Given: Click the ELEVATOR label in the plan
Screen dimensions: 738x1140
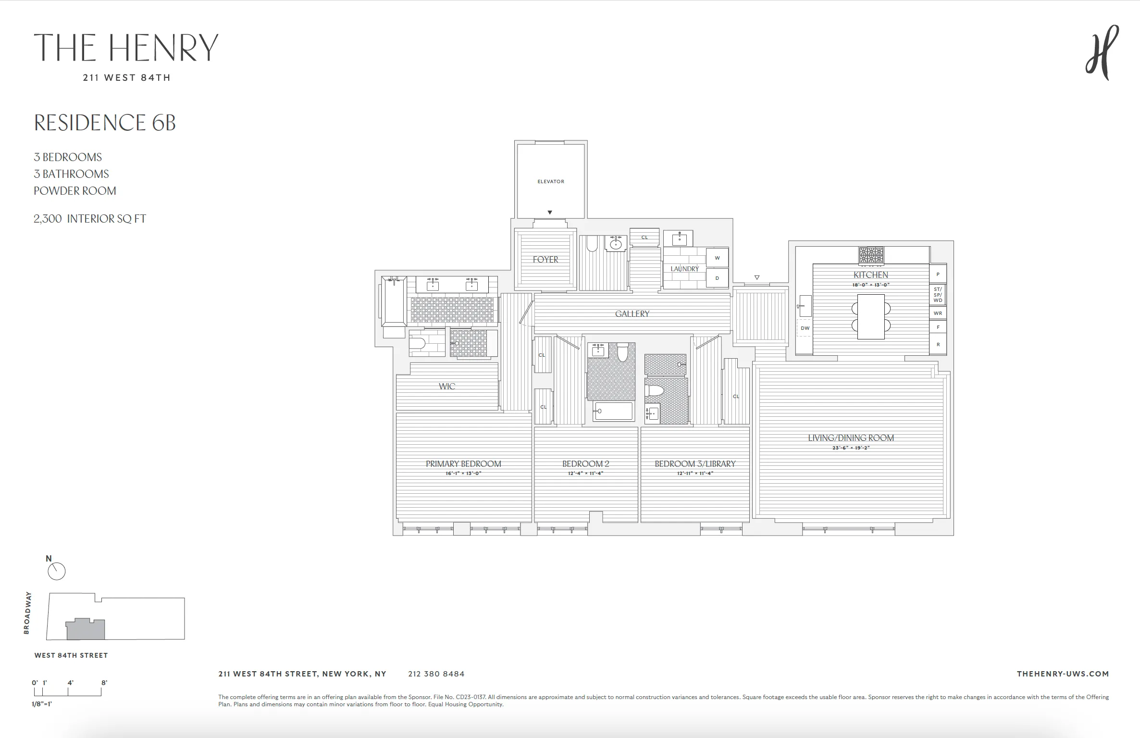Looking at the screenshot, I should (551, 181).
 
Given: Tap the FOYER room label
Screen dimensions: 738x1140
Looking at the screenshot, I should (545, 260).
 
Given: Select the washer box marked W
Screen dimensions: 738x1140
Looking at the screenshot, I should (717, 258).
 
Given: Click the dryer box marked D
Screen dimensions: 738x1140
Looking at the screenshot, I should (717, 278).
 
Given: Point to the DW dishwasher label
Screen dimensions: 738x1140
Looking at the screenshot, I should (805, 328).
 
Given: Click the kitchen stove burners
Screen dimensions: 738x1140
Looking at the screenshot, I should (871, 254).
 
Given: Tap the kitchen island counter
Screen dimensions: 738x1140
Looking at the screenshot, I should (870, 316).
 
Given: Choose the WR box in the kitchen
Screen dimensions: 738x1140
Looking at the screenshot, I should (938, 313).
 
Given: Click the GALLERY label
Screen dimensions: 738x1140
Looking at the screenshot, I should (632, 313).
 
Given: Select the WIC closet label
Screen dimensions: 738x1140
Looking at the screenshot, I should (446, 386).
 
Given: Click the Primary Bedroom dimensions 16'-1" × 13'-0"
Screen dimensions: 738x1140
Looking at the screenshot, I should (463, 474).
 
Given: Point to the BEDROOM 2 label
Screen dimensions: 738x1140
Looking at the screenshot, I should (585, 464).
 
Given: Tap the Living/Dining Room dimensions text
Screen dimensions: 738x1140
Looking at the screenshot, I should (851, 448).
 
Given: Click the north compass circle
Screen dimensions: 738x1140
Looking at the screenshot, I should (57, 571).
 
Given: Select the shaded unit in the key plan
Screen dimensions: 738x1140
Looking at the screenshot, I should (85, 630).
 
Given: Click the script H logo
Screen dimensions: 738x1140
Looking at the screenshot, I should (1102, 53).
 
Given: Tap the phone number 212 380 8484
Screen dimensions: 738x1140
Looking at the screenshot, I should (436, 674).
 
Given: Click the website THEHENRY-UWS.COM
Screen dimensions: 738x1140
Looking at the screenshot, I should (1063, 674).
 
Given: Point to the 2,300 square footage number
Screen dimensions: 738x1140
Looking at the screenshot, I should (48, 219).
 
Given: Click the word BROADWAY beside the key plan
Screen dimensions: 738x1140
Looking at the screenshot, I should (27, 613).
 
